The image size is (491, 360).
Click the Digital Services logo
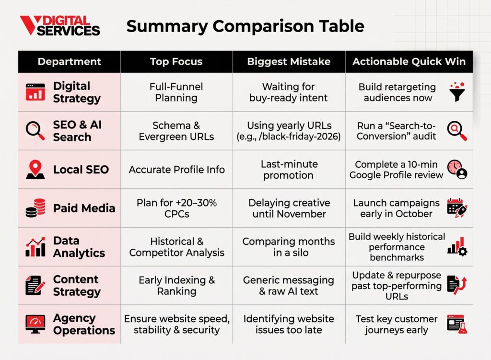[x=60, y=25]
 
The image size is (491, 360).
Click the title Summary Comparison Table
[x=245, y=26]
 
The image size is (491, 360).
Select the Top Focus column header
[x=176, y=61]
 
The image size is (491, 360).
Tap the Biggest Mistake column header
[x=289, y=61]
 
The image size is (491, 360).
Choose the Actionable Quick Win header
[x=409, y=61]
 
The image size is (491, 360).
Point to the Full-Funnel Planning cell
[x=176, y=92]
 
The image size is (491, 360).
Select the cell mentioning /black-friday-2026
[x=289, y=131]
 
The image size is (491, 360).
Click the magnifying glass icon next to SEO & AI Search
[x=35, y=130]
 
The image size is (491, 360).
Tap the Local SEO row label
[x=81, y=169]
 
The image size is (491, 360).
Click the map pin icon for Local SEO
[x=35, y=169]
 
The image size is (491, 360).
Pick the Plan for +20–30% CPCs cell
[x=176, y=208]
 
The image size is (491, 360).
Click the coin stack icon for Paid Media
[x=35, y=208]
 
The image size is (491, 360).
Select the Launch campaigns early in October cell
[x=396, y=208]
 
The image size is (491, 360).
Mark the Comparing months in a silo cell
[x=289, y=247]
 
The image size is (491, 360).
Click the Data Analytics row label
[x=79, y=247]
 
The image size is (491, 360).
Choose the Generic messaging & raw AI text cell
[x=289, y=286]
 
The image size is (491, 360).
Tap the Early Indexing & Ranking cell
[x=176, y=286]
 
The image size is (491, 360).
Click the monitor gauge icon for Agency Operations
[x=35, y=324]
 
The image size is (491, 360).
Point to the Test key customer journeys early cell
[x=397, y=325]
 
